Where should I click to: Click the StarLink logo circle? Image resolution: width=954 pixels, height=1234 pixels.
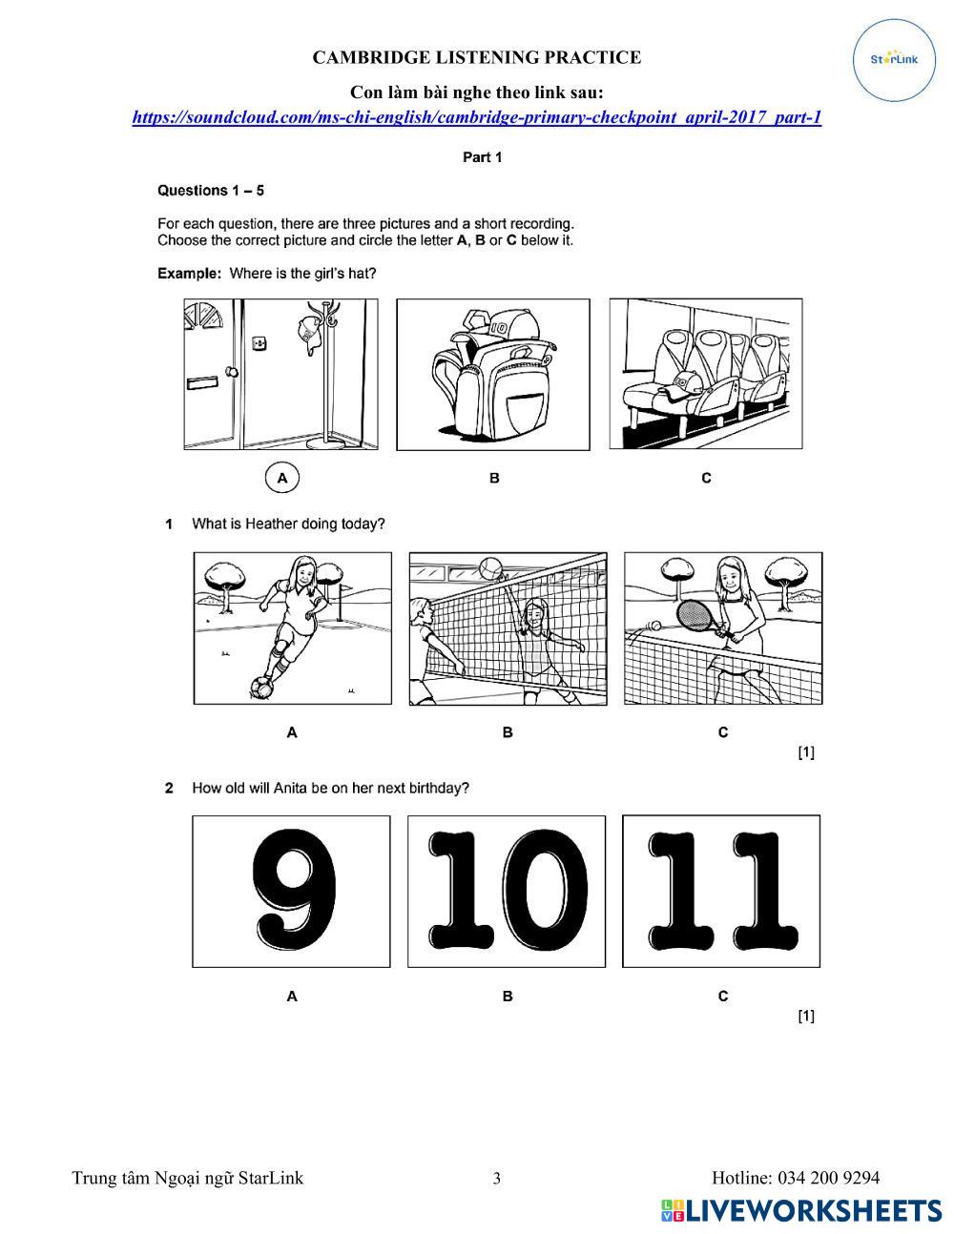click(894, 60)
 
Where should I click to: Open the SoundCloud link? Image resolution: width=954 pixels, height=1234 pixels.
click(476, 117)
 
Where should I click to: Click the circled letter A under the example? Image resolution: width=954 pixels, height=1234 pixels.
click(281, 477)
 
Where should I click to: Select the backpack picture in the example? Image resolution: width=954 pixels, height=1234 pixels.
click(492, 374)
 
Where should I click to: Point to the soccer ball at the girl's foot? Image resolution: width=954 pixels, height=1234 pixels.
click(260, 686)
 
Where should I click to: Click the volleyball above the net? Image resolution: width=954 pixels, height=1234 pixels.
click(490, 567)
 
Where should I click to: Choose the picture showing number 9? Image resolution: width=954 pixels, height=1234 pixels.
click(291, 891)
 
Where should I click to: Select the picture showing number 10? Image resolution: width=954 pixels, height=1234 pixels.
click(507, 891)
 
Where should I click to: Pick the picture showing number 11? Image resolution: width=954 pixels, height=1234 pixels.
click(721, 891)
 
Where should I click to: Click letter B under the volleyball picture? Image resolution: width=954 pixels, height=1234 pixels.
click(508, 732)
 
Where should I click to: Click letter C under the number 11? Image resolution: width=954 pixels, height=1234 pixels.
click(722, 996)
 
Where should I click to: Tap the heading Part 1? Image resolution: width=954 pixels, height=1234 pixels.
click(482, 157)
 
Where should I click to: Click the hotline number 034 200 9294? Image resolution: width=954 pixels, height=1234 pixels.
click(828, 1178)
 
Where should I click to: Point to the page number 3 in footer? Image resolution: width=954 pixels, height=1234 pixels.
click(496, 1179)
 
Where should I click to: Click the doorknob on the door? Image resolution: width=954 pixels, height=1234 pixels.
click(230, 372)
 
